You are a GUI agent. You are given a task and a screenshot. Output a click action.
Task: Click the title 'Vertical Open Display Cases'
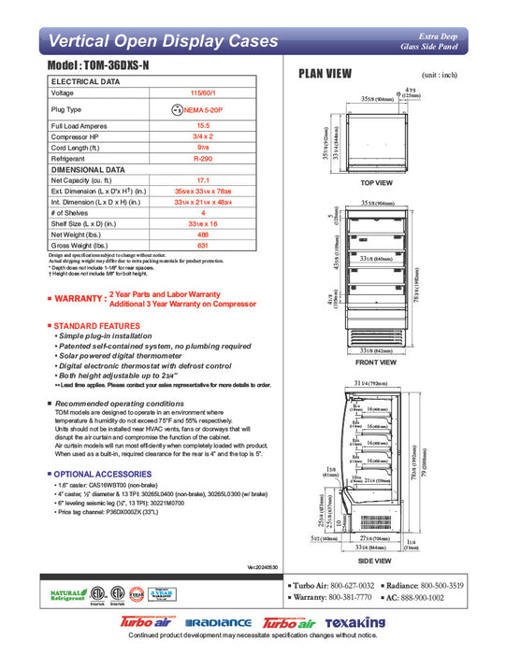163,41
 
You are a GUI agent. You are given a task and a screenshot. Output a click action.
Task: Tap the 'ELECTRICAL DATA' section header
85,82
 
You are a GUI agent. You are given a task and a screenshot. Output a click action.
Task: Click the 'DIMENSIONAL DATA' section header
88,169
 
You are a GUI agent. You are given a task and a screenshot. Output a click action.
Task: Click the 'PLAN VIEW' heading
325,75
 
